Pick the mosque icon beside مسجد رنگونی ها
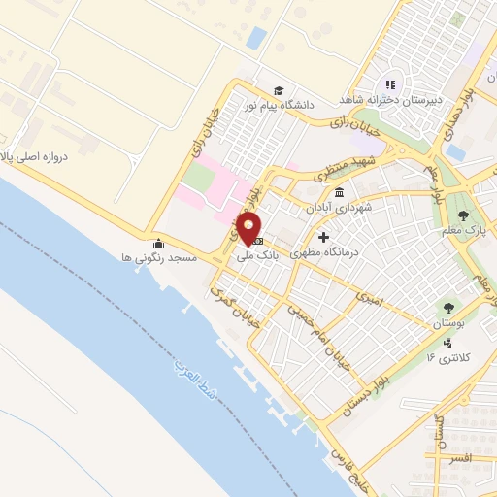[157, 243]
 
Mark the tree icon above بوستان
[447, 308]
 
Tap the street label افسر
[453, 457]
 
